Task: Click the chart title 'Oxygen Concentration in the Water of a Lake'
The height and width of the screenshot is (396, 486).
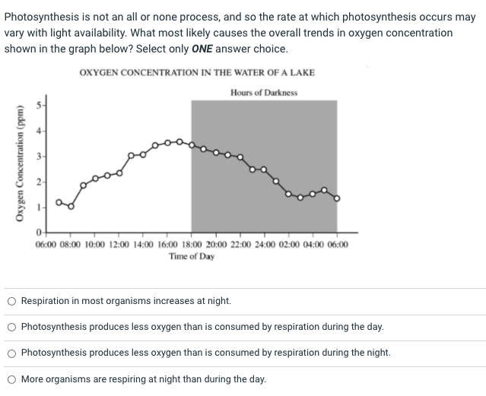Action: coord(196,73)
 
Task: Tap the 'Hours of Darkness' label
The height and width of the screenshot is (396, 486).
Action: coord(263,93)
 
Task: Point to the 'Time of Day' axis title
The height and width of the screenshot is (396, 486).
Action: coord(192,256)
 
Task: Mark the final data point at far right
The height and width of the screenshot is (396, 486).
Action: coord(337,199)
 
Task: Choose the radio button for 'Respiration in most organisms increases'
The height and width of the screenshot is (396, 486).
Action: coord(11,301)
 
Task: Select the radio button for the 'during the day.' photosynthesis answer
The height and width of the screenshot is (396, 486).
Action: coord(11,327)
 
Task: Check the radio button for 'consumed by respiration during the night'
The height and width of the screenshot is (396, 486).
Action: coord(11,353)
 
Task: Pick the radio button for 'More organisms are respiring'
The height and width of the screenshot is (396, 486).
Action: coord(11,379)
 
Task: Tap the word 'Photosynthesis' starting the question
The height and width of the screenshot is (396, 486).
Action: coord(37,17)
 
